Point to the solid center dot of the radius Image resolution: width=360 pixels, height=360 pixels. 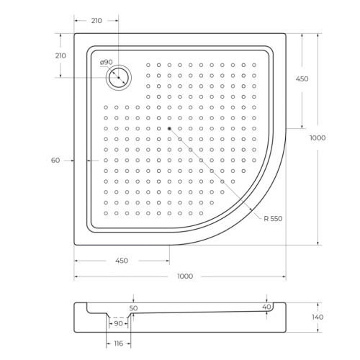coord(169,129)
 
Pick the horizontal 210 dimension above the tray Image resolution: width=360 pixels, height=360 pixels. coord(96,21)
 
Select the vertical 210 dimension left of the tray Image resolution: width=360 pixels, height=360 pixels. coord(60,55)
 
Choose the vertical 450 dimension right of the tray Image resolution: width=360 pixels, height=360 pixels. coord(302,79)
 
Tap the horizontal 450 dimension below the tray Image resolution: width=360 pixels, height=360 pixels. coord(120,260)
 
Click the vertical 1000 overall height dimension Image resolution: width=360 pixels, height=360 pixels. coord(318,138)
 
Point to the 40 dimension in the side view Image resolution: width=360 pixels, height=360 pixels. coord(267,307)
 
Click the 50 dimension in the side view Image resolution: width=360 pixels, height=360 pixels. coord(132,307)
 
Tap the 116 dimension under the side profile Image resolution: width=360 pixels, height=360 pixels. coord(117,344)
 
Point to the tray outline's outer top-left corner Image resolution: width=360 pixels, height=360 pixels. coord(74,32)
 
